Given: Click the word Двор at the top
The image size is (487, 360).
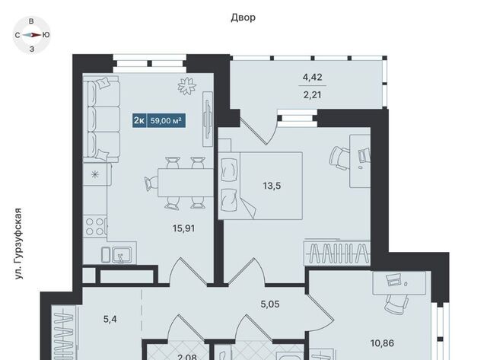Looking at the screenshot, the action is tap(243, 18).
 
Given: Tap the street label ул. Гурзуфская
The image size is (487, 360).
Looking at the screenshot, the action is tap(18, 244).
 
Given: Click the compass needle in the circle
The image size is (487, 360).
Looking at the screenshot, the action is tap(32, 35).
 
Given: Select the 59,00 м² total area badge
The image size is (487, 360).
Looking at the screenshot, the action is tap(166, 120).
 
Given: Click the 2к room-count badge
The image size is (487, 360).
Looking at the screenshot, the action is tap(139, 120).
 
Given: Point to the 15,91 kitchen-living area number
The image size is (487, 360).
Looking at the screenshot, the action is tap(184, 228).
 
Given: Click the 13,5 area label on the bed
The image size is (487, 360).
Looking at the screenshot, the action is tap(272, 186).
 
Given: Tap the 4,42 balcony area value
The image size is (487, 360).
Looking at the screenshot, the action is tap(313, 77).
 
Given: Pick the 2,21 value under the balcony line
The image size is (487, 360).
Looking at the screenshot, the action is tap(313, 94).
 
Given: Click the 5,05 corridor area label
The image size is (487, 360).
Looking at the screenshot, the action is tap(270, 304).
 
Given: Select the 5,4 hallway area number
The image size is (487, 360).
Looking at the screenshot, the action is tap(110, 319).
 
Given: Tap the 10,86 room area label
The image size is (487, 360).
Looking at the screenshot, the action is tap(382, 343).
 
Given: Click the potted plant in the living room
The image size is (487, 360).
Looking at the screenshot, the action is tap(187, 86).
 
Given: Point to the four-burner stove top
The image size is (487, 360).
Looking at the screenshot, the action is tap(95, 227).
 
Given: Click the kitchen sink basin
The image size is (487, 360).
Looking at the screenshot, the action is tap(122, 255).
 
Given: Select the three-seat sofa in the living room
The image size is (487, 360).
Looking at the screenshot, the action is tap(101, 119).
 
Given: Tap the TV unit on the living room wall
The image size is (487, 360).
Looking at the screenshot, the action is tap(208, 119).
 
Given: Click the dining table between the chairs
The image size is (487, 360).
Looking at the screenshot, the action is tap(186, 183).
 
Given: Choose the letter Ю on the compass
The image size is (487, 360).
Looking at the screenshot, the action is tap(46, 35).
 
